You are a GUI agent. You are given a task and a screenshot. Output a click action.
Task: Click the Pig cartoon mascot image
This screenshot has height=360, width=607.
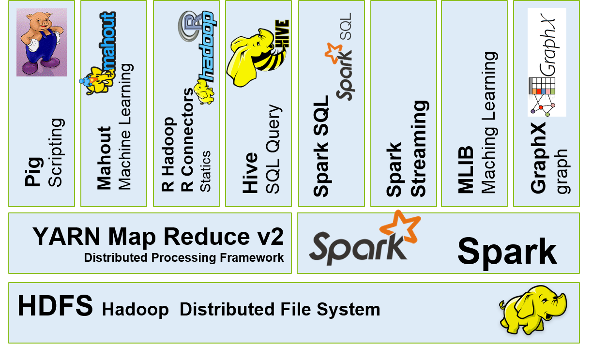(42, 42)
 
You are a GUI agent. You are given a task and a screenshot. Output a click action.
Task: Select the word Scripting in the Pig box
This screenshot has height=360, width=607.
(56, 152)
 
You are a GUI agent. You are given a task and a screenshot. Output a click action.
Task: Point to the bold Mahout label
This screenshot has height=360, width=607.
(104, 158)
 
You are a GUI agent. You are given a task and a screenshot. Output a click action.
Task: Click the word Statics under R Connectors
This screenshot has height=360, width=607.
(205, 171)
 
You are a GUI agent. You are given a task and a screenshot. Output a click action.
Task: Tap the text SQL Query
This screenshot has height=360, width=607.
(273, 149)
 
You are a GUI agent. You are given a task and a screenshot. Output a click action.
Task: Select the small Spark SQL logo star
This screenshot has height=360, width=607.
(333, 53)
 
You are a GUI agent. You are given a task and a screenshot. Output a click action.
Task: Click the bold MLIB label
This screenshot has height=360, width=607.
(466, 172)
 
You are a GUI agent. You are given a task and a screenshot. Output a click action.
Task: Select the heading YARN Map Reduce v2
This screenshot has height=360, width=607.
(158, 237)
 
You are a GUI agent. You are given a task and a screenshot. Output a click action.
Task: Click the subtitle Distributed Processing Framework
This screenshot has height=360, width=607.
(184, 258)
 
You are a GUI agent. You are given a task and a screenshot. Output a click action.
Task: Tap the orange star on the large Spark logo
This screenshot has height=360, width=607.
(400, 225)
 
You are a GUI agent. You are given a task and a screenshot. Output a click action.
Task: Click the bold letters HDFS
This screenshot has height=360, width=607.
(55, 306)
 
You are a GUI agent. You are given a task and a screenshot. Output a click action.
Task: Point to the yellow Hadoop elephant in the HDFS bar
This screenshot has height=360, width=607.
(532, 309)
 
